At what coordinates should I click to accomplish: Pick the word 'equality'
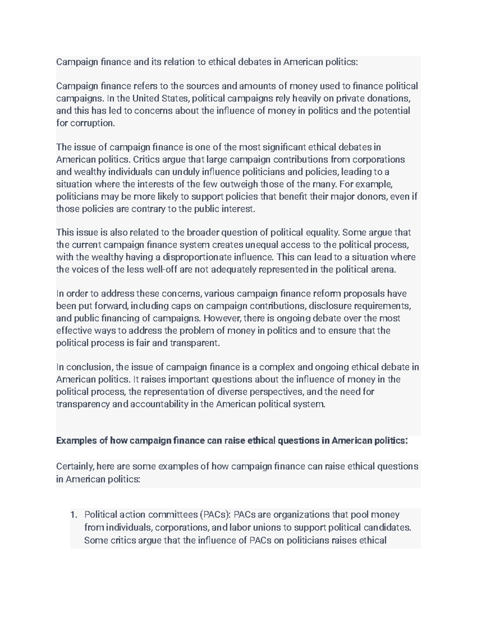[323, 232]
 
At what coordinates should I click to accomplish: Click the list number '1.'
[73, 515]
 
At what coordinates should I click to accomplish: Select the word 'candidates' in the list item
[388, 528]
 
